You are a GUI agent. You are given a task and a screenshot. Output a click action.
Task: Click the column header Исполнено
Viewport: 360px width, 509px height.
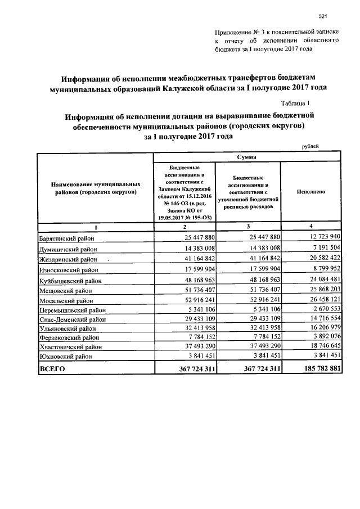click(310, 192)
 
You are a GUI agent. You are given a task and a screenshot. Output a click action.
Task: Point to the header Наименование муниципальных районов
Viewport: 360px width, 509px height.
click(95, 188)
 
